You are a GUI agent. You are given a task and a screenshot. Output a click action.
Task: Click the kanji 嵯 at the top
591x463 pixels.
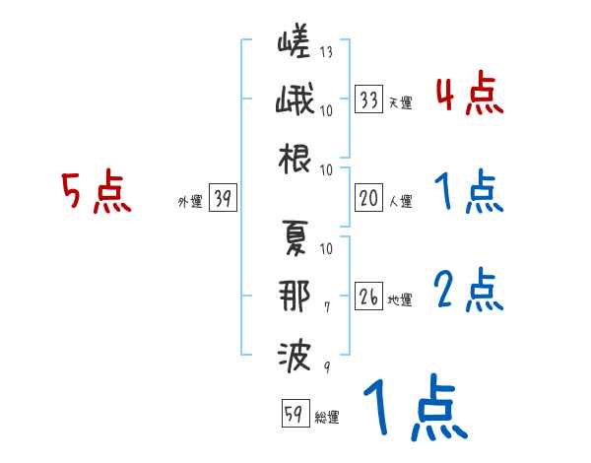(295, 44)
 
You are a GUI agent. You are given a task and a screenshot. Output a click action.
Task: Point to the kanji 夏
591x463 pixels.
(295, 237)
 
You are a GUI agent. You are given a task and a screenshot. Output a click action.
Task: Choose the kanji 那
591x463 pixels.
(295, 296)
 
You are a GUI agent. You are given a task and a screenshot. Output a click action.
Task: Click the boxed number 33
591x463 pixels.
(369, 99)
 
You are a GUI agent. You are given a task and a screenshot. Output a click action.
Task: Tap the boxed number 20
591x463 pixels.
(369, 199)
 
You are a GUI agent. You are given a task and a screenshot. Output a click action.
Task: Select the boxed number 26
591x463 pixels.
(369, 298)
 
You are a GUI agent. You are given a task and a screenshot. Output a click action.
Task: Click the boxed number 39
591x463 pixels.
(223, 199)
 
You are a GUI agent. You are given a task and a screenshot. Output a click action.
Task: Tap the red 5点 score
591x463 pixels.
(95, 192)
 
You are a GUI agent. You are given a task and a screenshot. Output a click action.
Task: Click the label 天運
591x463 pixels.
(400, 102)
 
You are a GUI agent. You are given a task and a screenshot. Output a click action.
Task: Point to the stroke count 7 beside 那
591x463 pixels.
(326, 308)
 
